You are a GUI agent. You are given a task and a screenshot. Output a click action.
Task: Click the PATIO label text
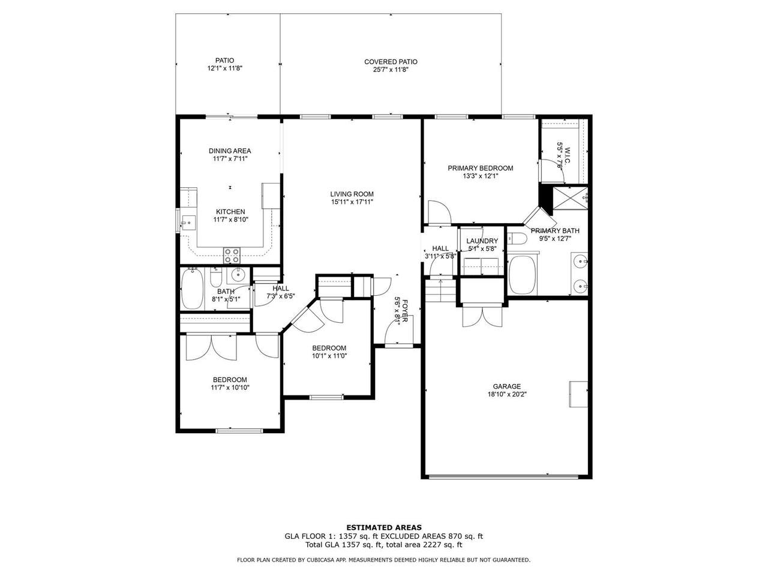[x=224, y=61]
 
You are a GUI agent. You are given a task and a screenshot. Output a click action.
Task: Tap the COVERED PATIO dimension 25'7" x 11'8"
[x=391, y=70]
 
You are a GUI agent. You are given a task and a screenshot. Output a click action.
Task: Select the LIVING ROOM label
[x=352, y=194]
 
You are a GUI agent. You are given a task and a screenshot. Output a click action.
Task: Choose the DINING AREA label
[x=230, y=151]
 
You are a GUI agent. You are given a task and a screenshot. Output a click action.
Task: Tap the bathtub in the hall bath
[x=193, y=289]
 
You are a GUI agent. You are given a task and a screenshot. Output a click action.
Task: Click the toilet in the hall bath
[x=215, y=277]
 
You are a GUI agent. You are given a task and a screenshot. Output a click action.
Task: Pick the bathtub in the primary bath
[x=523, y=275]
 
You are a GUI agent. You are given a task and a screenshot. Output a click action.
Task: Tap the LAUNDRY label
[x=482, y=241]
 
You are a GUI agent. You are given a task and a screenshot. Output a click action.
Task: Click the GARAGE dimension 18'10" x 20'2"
[x=507, y=394]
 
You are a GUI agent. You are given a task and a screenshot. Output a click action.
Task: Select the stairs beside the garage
[x=441, y=291]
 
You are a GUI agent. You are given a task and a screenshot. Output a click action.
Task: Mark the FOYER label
[x=405, y=311]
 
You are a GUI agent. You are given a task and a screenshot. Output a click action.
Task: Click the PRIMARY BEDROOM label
[x=481, y=168]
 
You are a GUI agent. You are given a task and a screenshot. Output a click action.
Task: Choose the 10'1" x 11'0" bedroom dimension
[x=329, y=356]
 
